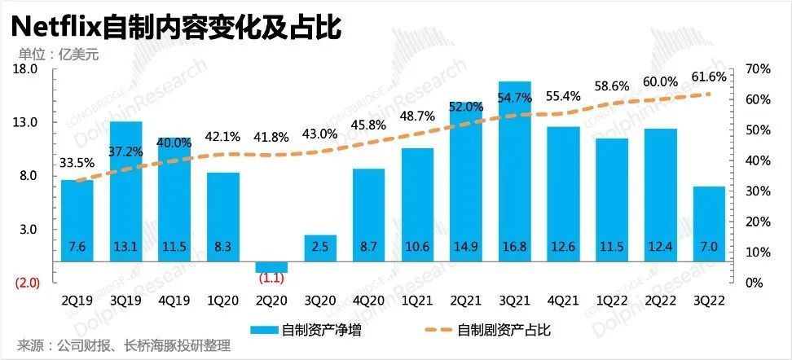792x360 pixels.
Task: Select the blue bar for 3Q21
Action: [515, 171]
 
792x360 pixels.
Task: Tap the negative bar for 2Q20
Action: [272, 267]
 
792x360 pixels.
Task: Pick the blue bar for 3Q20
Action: [321, 248]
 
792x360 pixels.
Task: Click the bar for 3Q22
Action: [709, 224]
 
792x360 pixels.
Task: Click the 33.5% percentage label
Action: [77, 163]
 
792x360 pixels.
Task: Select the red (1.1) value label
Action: [272, 279]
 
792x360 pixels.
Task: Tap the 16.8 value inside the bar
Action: [515, 246]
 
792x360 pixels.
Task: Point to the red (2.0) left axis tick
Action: [26, 283]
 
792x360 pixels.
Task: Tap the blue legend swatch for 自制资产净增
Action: [263, 330]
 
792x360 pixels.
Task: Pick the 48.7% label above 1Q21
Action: [417, 116]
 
